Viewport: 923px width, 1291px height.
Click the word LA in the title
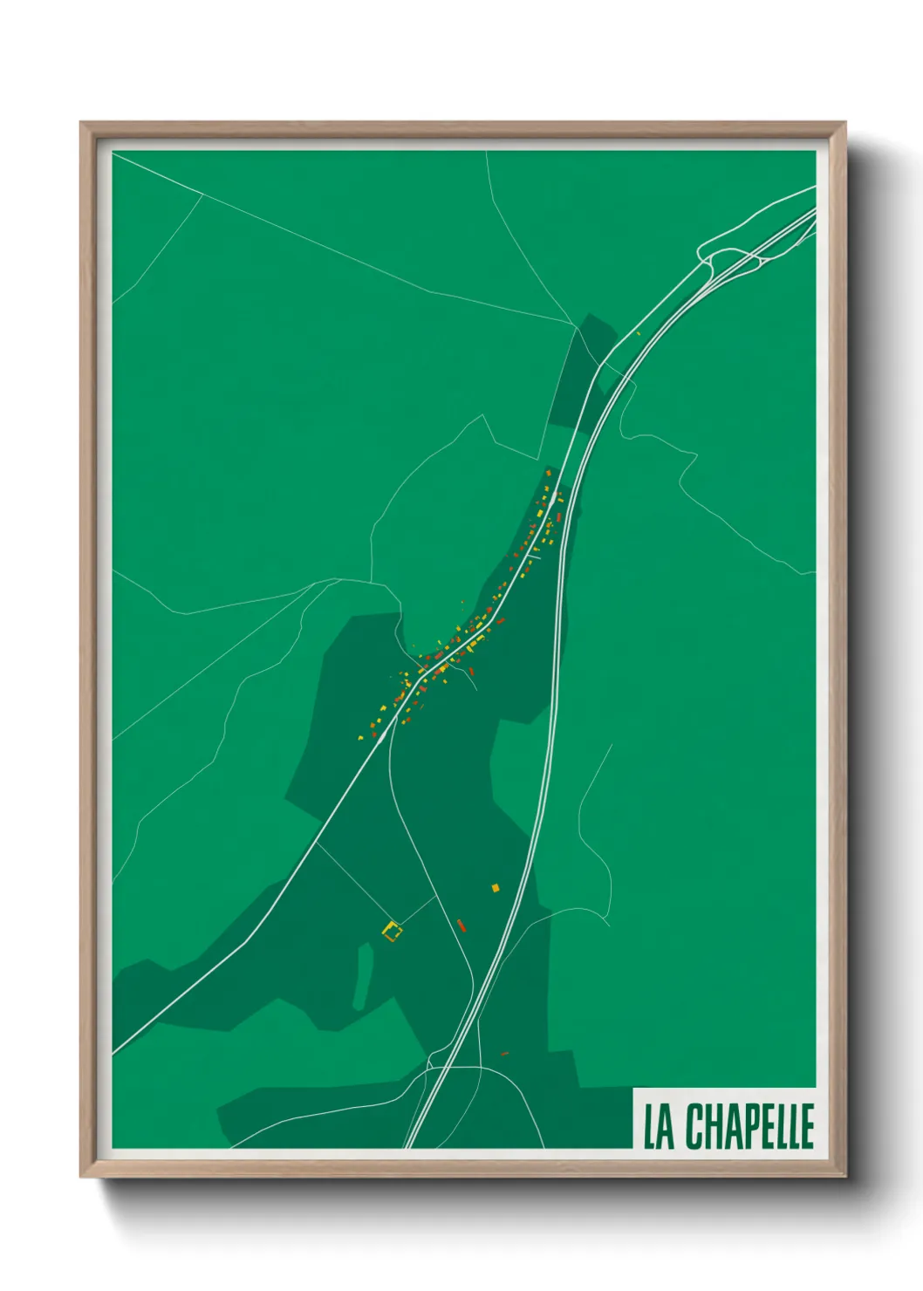coord(659,1126)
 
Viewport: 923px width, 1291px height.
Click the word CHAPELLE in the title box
coord(749,1126)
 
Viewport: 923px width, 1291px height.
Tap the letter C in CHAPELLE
coord(696,1126)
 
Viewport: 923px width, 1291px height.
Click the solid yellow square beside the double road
coord(496,888)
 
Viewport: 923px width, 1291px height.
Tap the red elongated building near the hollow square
coord(461,925)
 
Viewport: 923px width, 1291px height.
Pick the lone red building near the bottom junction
coord(503,1054)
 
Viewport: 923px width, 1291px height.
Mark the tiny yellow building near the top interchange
coord(639,333)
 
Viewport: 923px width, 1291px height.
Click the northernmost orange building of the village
coord(548,473)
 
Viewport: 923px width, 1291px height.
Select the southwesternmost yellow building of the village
coord(360,738)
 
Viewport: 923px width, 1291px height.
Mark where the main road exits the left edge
coord(114,1051)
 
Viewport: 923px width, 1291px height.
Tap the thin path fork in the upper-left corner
coord(202,194)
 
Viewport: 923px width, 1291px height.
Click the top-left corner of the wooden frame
coord(81,123)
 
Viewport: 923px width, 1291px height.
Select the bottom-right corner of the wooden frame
coord(844,1177)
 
